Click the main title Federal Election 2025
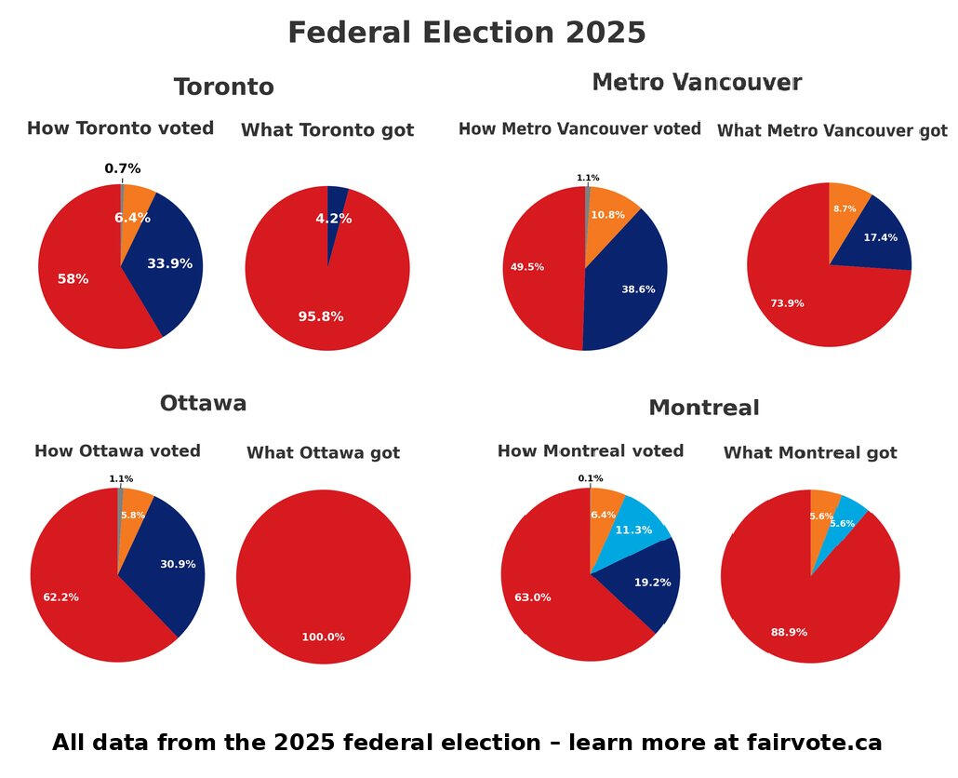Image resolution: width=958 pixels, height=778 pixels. (466, 33)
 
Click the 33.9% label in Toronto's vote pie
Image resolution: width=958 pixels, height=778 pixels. (169, 263)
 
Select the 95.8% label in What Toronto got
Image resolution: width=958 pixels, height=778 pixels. (321, 316)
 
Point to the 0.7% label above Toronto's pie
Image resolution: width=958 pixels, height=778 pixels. (123, 168)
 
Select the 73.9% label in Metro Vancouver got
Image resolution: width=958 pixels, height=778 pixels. (787, 303)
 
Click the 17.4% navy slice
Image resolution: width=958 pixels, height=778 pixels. (880, 238)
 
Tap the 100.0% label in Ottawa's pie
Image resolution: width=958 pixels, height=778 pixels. (323, 637)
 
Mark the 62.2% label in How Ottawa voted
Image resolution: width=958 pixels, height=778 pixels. (60, 597)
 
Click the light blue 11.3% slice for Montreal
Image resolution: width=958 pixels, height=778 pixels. (633, 530)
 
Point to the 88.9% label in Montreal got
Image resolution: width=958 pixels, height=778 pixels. (789, 632)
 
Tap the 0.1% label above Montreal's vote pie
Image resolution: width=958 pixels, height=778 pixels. (591, 478)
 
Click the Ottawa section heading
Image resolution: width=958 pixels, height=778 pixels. (203, 403)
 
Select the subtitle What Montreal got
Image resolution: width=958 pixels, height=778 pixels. (809, 453)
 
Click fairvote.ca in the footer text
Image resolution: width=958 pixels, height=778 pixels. (814, 743)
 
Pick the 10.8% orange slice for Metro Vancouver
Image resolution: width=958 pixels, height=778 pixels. (608, 215)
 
